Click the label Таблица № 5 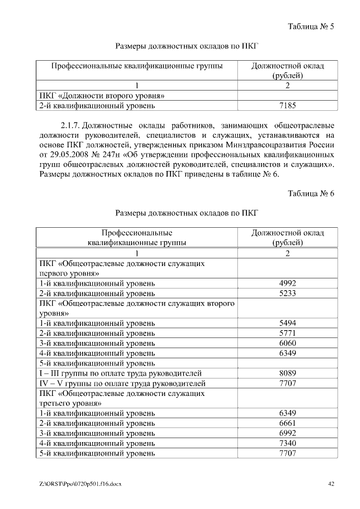[x=311, y=26]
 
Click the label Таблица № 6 [x=311, y=193]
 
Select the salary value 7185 [x=287, y=105]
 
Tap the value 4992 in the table [x=287, y=283]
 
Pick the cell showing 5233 [x=287, y=293]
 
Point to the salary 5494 [x=287, y=323]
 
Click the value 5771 [x=287, y=333]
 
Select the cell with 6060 [x=287, y=343]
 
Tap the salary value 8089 [x=287, y=373]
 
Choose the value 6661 [x=287, y=423]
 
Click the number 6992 [x=287, y=433]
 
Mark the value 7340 [x=287, y=443]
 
